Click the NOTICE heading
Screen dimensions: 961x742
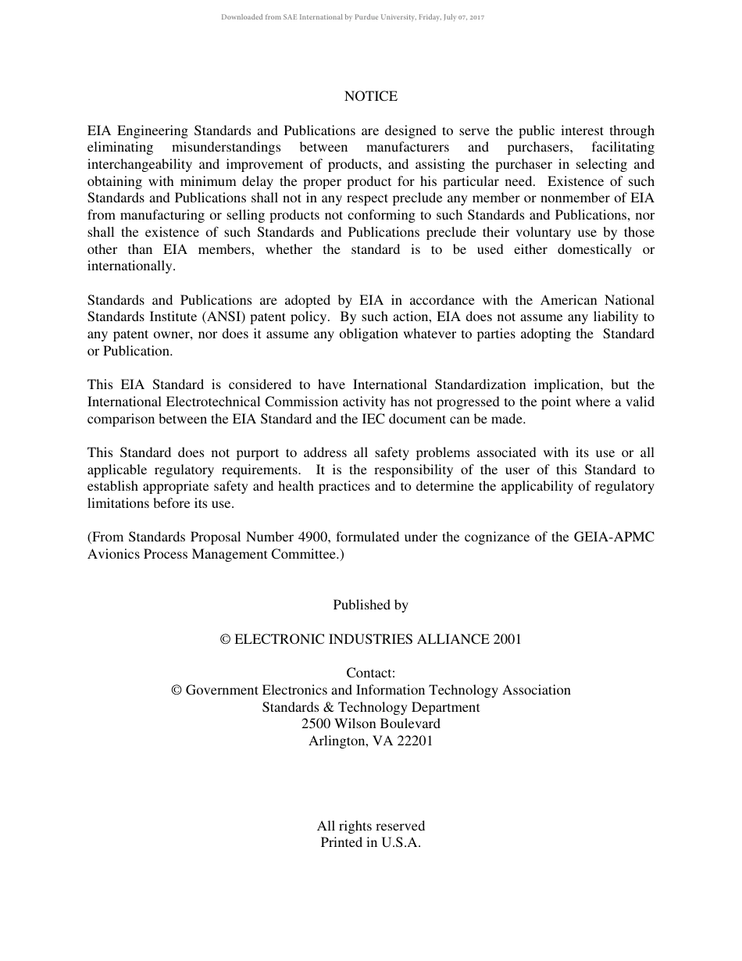[x=370, y=96]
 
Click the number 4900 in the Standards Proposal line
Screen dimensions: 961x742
[x=314, y=538]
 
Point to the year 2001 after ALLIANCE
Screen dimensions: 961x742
[x=507, y=639]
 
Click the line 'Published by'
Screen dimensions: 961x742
[x=370, y=605]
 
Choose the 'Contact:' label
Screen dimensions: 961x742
[x=370, y=673]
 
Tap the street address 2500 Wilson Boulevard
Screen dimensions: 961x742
[x=370, y=723]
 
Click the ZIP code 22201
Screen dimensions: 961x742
[x=415, y=741]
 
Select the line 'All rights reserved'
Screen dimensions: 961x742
[x=370, y=826]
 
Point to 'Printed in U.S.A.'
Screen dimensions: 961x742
[x=370, y=842]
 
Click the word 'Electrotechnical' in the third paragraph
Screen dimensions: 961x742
[x=214, y=402]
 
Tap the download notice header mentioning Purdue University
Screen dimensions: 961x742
[x=352, y=17]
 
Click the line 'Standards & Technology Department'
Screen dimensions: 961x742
[x=370, y=707]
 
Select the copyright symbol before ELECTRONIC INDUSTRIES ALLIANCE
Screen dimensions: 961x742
[x=226, y=639]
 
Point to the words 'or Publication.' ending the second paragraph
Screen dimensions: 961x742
[x=130, y=352]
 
